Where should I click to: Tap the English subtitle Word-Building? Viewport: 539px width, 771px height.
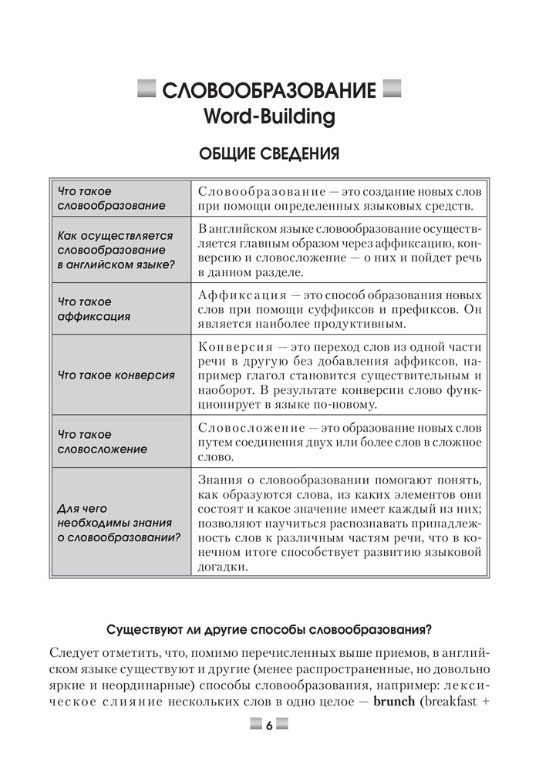268,118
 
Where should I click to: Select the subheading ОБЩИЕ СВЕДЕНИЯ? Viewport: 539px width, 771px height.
268,155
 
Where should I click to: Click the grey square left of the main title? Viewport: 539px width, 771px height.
144,90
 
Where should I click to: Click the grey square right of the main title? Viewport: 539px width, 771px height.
392,90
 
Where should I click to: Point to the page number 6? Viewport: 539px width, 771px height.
269,726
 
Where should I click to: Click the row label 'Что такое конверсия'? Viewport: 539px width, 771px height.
116,375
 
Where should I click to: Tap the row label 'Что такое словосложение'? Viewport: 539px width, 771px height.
101,442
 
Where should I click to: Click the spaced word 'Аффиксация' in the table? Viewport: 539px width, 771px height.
238,295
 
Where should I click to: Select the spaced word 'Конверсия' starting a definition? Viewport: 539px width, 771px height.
235,346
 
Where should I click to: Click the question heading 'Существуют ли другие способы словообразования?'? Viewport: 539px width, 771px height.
269,627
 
